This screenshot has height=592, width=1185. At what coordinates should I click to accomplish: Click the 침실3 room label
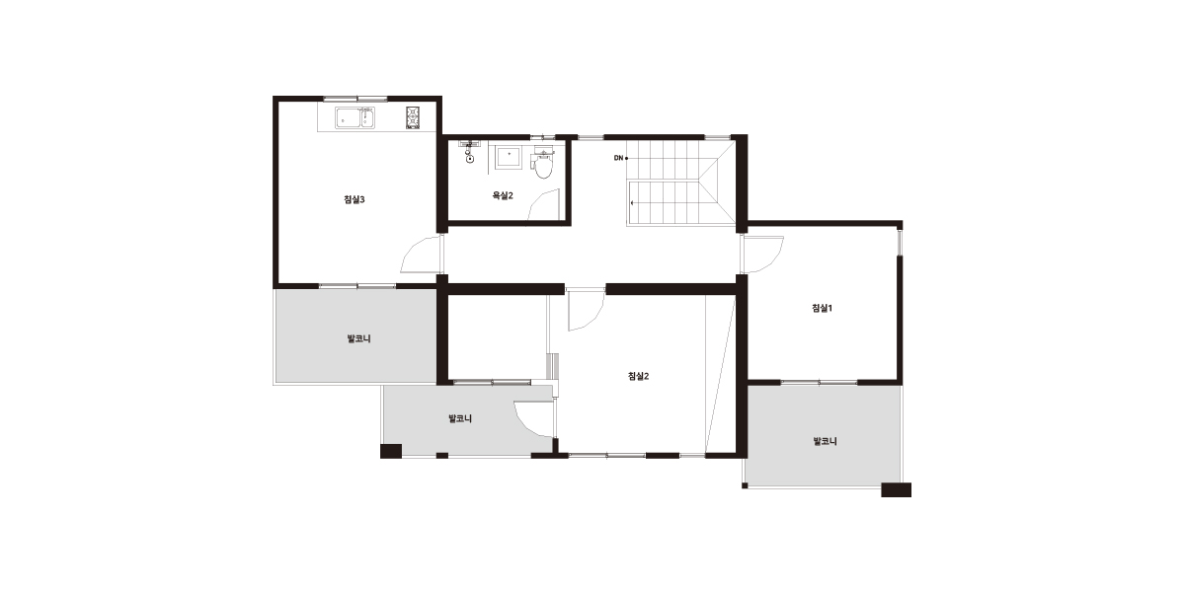354,199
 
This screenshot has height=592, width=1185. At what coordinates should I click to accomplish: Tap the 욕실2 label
503,195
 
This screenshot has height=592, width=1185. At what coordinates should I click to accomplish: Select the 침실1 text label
822,308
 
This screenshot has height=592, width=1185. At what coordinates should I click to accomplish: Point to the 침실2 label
638,376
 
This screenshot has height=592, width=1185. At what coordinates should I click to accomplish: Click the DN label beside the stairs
618,158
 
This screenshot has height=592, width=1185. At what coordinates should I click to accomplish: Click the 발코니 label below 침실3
358,338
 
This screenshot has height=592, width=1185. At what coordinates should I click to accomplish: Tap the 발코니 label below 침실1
825,441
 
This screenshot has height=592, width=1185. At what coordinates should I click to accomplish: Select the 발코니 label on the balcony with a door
460,418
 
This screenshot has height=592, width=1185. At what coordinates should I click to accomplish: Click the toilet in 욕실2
542,165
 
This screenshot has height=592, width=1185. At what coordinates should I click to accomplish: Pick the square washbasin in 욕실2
509,157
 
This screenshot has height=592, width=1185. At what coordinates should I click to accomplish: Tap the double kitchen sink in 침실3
355,117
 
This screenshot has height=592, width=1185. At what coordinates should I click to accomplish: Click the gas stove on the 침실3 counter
413,117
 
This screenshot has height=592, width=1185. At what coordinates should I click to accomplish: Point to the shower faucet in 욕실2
469,151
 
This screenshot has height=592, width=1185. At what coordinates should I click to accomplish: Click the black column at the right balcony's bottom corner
897,490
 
